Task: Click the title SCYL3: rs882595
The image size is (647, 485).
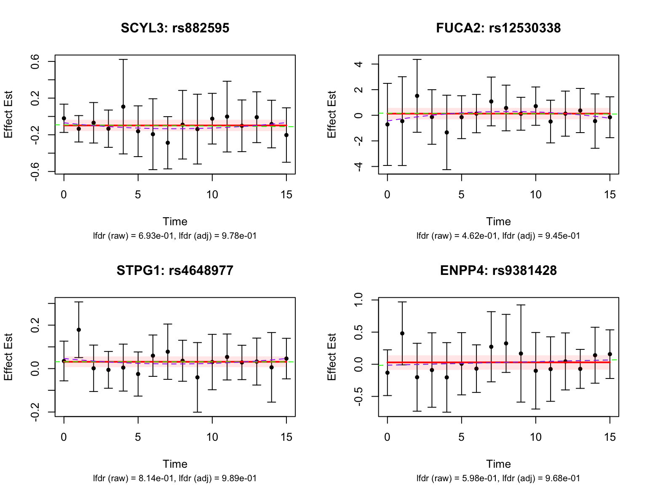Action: [x=175, y=28]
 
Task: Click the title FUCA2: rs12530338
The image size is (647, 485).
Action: [x=498, y=28]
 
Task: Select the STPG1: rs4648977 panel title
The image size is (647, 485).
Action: [x=175, y=270]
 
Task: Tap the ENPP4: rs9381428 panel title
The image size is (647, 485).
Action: [x=498, y=270]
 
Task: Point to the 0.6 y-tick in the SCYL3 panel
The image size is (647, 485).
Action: [x=35, y=62]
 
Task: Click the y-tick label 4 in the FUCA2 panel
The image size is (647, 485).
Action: [x=358, y=64]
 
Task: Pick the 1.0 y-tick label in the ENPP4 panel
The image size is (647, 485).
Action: [x=358, y=300]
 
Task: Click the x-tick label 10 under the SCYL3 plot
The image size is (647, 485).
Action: [x=212, y=195]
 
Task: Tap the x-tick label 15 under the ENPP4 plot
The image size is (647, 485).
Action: [x=610, y=437]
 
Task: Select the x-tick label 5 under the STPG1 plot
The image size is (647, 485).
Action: [x=138, y=437]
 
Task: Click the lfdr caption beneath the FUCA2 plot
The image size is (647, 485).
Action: [x=498, y=236]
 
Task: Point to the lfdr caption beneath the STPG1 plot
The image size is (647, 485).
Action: [x=175, y=478]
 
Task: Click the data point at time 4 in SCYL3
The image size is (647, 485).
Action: [x=123, y=107]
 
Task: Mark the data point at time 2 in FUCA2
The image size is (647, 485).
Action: [x=417, y=96]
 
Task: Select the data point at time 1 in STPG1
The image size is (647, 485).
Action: [x=79, y=330]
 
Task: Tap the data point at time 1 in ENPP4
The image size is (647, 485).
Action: [x=402, y=333]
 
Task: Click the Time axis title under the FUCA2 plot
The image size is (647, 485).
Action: [x=498, y=221]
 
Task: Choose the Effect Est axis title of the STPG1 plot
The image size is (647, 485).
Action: [x=8, y=357]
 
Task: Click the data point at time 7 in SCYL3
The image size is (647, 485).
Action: [x=168, y=143]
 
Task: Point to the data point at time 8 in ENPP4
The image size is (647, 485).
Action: [x=506, y=344]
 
